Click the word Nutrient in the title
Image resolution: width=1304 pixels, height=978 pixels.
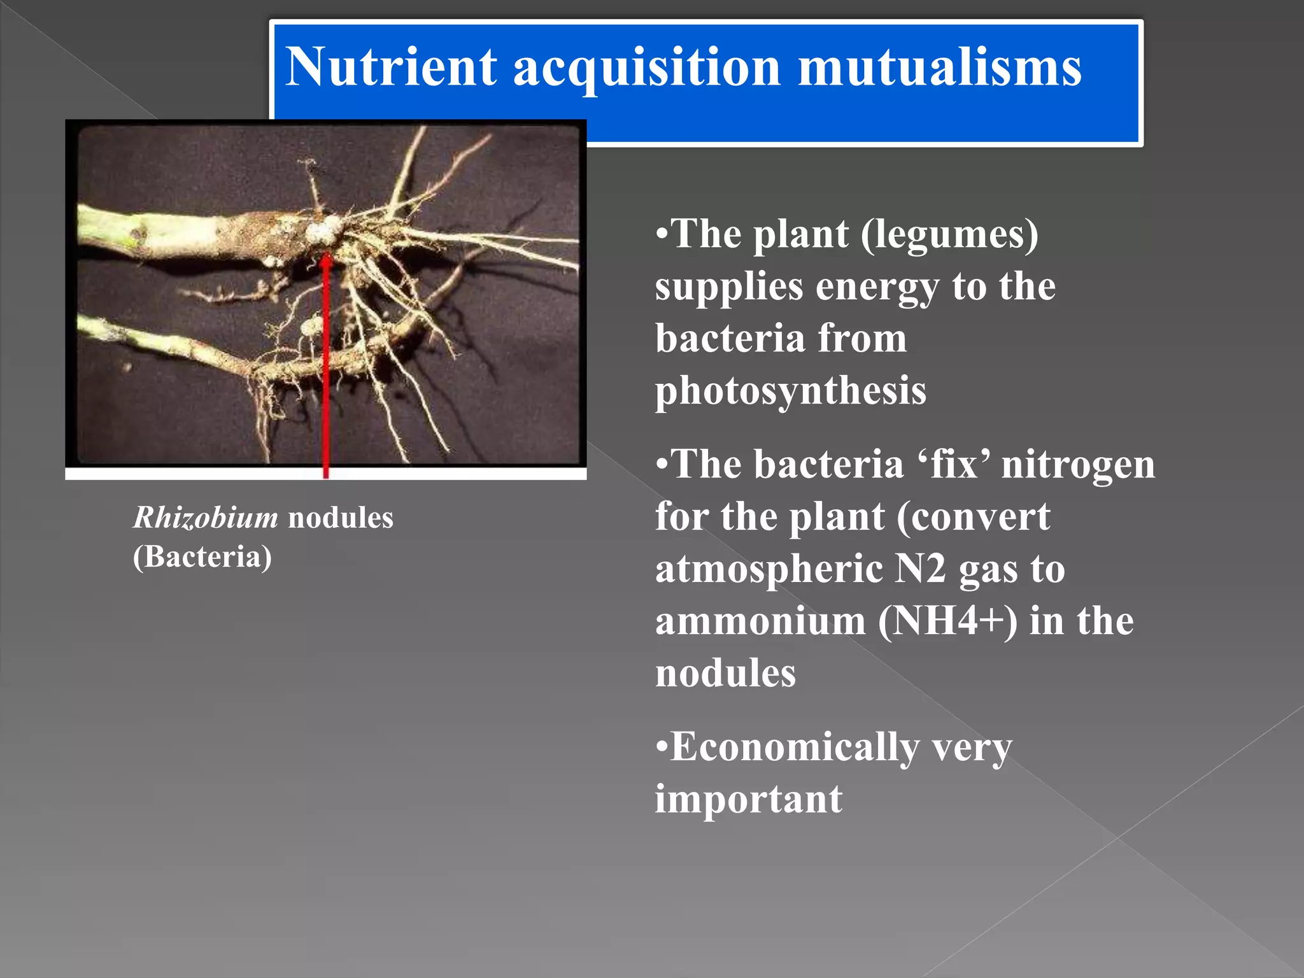click(390, 67)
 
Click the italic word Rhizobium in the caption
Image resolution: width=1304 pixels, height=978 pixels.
click(205, 518)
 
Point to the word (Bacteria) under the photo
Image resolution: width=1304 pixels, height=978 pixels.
click(202, 557)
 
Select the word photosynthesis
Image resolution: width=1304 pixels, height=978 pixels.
click(790, 391)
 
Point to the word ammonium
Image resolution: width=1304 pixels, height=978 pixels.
click(760, 621)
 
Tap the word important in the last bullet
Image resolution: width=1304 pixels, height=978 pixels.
click(749, 800)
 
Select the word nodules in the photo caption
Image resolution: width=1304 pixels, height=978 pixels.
click(341, 518)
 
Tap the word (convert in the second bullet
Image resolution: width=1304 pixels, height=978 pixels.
click(974, 517)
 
